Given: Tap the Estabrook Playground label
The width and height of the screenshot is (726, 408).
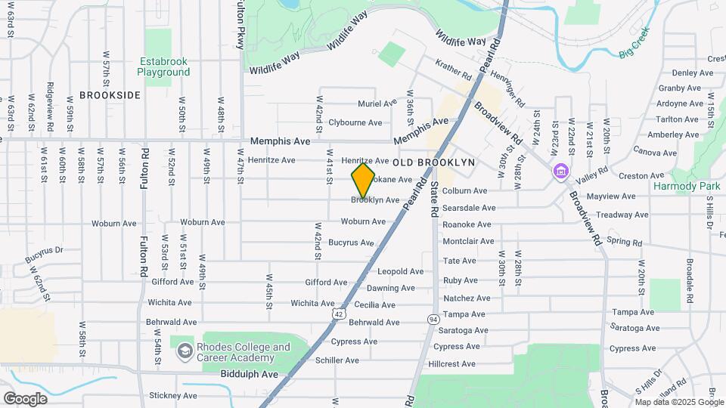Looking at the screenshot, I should point(163,67).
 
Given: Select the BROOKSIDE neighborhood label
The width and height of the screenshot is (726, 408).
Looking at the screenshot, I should point(110,95).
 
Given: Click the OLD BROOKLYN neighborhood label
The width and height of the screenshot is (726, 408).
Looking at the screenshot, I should point(434,162).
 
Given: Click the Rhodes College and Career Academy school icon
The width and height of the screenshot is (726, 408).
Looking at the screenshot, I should point(185,351).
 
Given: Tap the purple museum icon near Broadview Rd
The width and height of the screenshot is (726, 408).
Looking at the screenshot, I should point(560,173).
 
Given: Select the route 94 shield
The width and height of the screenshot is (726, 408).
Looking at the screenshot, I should point(433,320).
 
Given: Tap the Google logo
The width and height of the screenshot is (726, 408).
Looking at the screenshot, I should point(26,398).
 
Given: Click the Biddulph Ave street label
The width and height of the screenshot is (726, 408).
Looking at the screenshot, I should point(250,374).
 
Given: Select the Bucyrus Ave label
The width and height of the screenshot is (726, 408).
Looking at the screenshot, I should point(351,243).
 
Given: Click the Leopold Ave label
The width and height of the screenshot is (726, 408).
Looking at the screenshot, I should point(401,271).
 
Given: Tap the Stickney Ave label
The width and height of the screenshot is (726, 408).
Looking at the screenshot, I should point(173,395).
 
